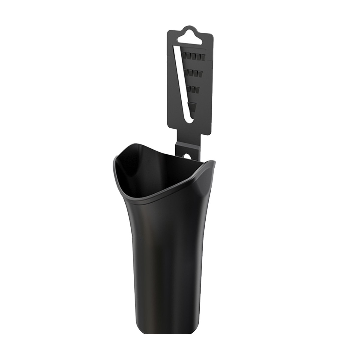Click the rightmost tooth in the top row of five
pos(202,55)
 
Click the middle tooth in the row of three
pos(194,89)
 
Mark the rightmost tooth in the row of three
pos(198,89)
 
